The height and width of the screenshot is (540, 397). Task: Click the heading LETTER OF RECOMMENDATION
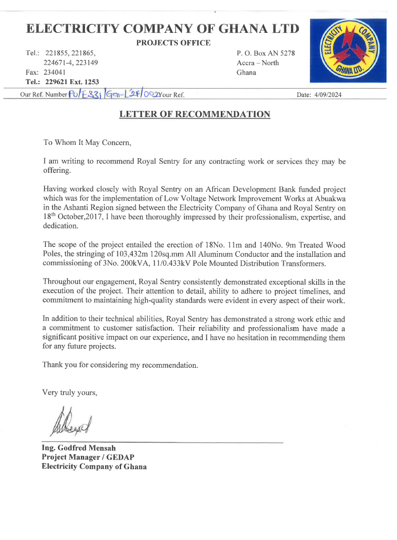click(195, 114)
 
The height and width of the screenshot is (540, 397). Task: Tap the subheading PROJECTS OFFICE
click(173, 43)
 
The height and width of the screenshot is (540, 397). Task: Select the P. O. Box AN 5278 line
click(265, 53)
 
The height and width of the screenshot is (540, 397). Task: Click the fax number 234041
click(55, 72)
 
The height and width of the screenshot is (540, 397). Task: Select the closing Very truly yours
click(70, 392)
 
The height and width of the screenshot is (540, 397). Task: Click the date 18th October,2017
click(78, 217)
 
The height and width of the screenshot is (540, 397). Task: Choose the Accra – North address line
click(258, 63)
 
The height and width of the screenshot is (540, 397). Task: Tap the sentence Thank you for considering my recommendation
click(120, 365)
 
